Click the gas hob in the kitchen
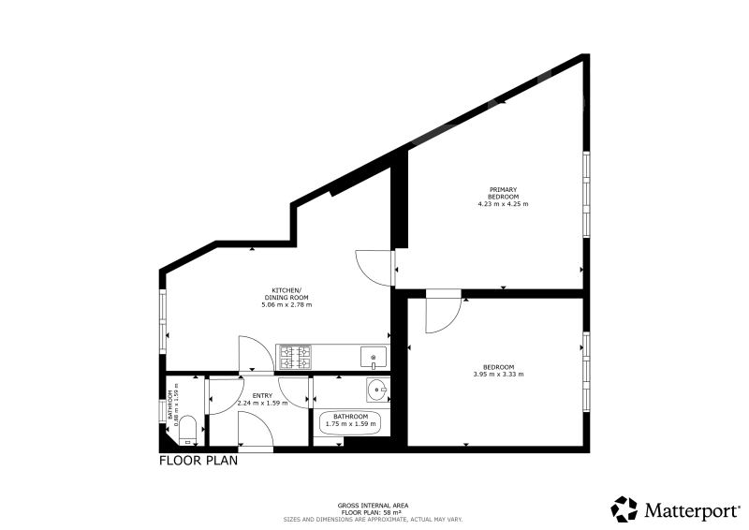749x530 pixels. (294, 357)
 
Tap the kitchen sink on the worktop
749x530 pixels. (373, 357)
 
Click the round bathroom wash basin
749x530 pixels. (375, 390)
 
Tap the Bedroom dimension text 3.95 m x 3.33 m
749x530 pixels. (498, 375)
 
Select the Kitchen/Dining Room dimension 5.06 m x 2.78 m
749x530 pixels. (286, 305)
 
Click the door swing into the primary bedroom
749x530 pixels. (374, 268)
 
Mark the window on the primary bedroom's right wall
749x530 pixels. (587, 194)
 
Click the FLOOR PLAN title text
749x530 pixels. (198, 461)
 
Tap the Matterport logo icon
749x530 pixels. (624, 509)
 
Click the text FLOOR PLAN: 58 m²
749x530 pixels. (373, 512)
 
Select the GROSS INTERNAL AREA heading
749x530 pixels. (373, 506)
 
